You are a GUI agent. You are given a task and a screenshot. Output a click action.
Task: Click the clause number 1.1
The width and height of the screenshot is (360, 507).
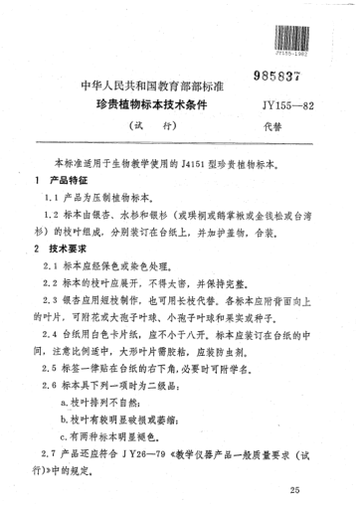[x=50, y=198]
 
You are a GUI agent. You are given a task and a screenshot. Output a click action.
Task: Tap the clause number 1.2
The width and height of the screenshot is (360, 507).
[x=50, y=214]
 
